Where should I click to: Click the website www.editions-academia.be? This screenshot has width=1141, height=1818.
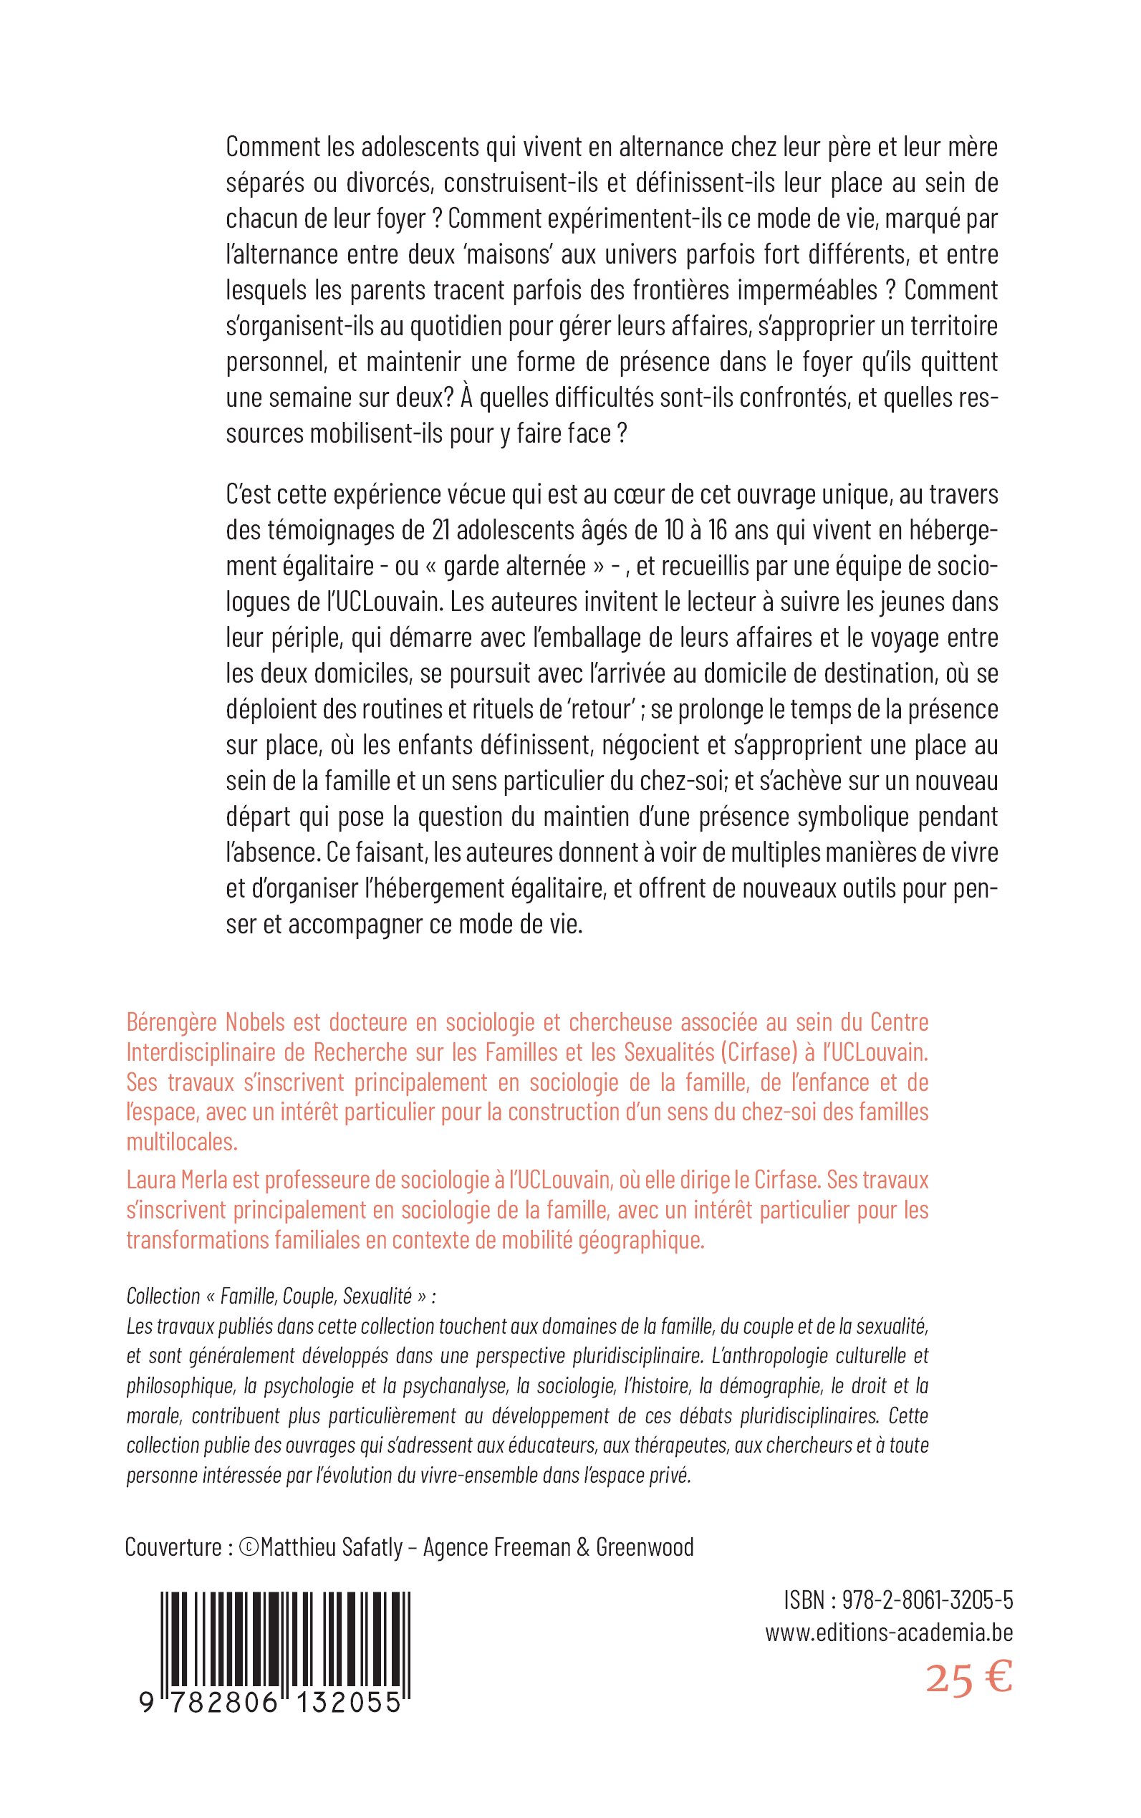coord(888,1633)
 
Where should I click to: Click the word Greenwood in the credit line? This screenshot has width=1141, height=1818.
coord(645,1548)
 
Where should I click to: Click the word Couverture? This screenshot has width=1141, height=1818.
coord(172,1548)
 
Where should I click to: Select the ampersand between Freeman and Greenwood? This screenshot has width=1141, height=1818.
coord(582,1548)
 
